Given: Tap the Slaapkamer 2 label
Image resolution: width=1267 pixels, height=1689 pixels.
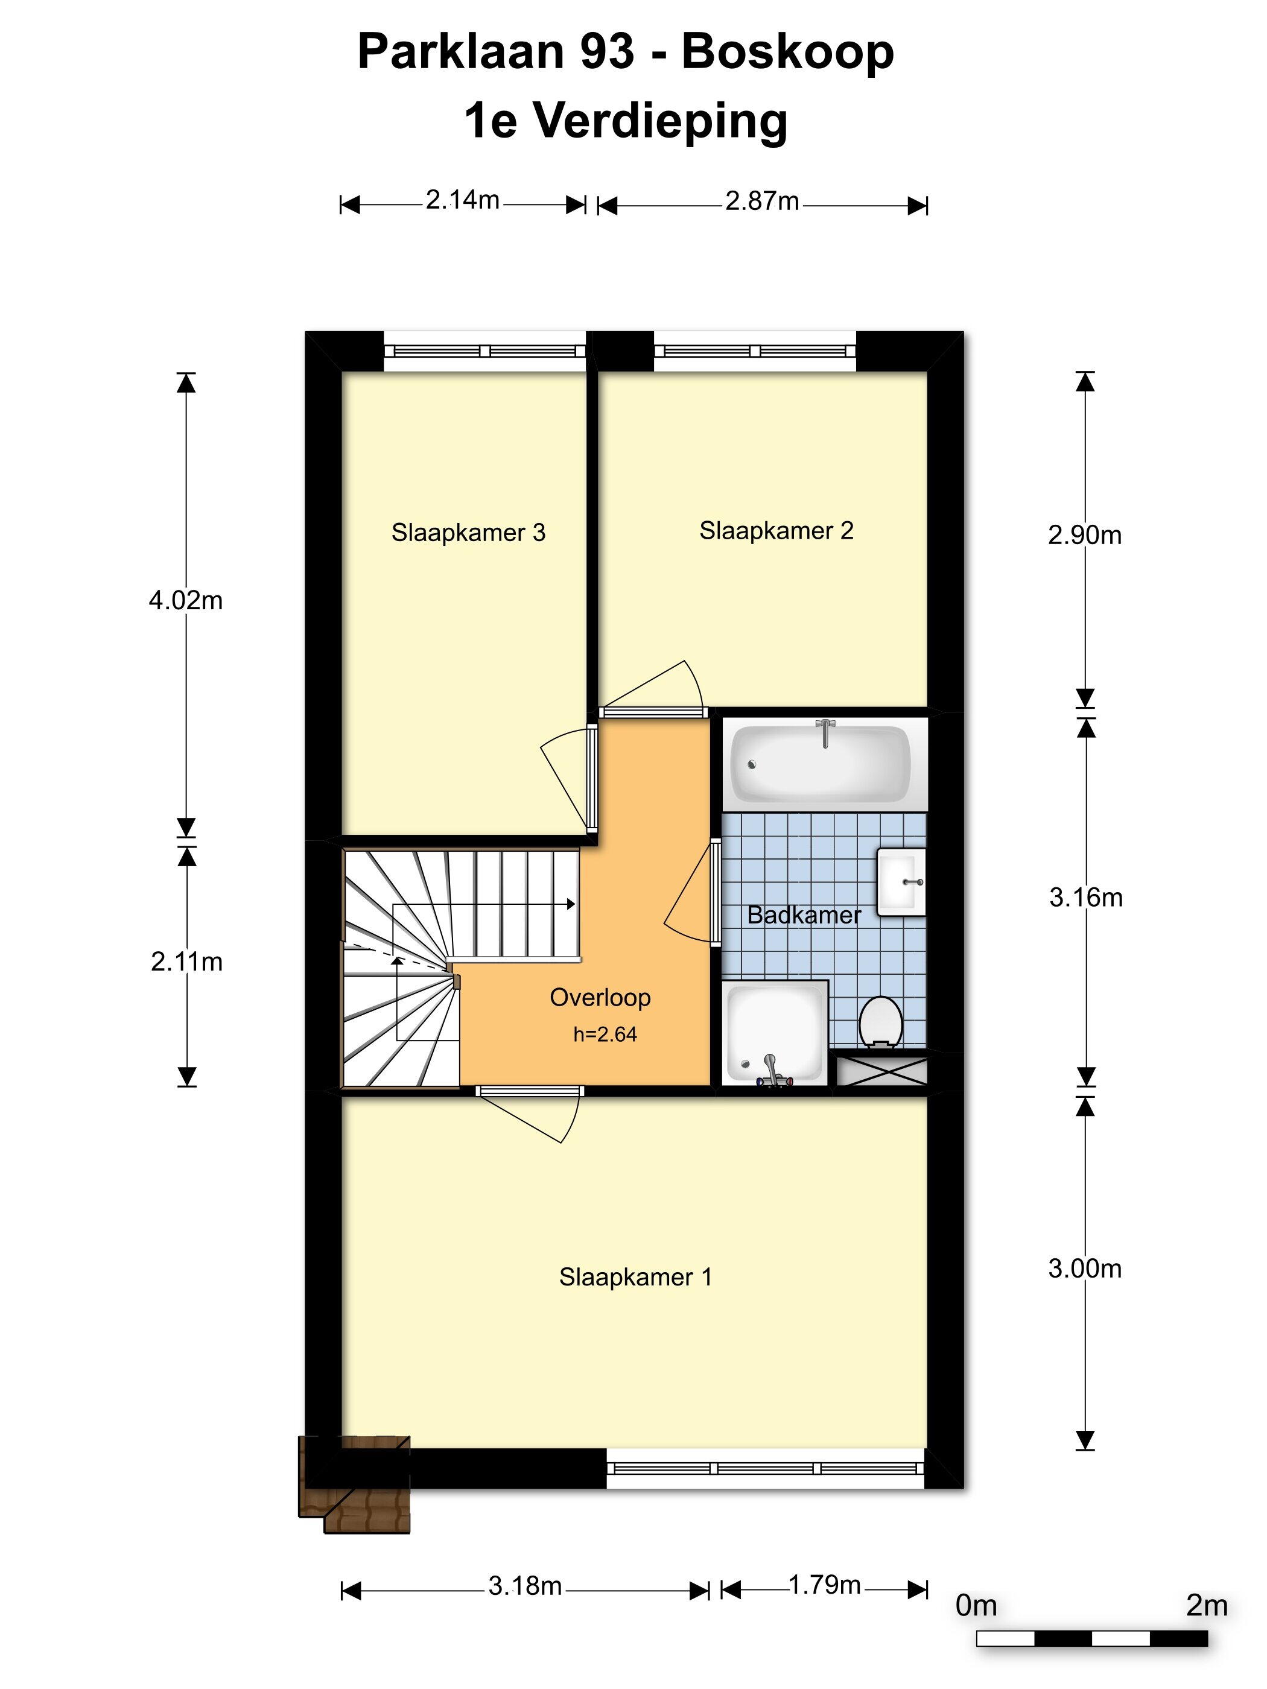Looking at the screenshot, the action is pos(776,531).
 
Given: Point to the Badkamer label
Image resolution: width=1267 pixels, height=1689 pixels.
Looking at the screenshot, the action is pos(804,914).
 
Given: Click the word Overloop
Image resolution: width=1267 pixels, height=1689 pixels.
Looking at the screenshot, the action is pos(600,997).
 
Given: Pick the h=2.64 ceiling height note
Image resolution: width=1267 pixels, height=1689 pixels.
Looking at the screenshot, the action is pos(605,1034).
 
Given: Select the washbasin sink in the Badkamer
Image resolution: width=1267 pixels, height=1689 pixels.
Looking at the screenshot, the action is pos(901,881).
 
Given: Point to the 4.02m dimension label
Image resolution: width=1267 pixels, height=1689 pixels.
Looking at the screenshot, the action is pos(186,600).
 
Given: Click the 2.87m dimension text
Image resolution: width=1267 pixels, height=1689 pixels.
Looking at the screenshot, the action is pos(761,201).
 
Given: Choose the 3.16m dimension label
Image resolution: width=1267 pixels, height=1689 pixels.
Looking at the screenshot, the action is pos(1085,897).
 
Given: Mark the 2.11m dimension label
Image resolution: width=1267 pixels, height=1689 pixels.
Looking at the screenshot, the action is pos(186,962).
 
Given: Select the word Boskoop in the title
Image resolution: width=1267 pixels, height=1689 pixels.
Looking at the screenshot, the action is pos(787,52).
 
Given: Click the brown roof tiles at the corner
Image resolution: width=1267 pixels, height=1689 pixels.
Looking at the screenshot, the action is pos(354,1485).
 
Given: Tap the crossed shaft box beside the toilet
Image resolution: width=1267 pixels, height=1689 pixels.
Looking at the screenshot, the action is pos(882,1071).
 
